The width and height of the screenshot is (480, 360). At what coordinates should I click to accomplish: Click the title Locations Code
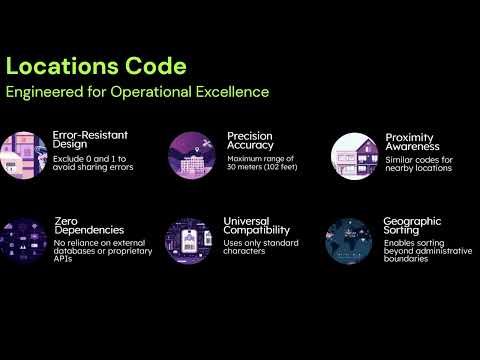point(96,67)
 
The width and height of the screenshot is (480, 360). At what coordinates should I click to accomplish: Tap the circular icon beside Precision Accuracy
point(193,155)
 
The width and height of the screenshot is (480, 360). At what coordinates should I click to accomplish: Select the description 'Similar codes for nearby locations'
point(419,164)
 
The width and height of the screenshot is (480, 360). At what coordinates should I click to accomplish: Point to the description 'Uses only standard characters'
point(259,248)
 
